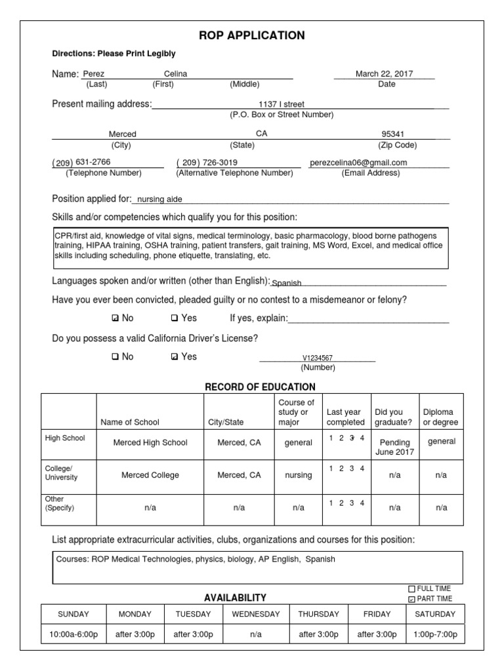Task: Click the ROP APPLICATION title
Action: click(x=252, y=35)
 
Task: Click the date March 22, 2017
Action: click(x=384, y=74)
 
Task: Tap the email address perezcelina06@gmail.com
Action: click(x=359, y=163)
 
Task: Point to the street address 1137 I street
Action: click(x=282, y=104)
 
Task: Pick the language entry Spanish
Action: click(x=287, y=284)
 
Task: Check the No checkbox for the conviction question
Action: click(x=115, y=318)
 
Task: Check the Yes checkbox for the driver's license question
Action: click(x=174, y=357)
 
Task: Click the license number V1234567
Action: click(x=317, y=358)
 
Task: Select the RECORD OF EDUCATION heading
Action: click(x=260, y=387)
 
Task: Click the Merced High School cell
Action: click(x=150, y=443)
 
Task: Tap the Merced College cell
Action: click(x=150, y=475)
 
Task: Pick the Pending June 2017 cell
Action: click(x=394, y=447)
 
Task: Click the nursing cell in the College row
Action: click(x=298, y=475)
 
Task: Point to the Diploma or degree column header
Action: click(x=441, y=417)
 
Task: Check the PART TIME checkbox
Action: click(x=411, y=599)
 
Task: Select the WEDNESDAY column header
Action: click(x=256, y=614)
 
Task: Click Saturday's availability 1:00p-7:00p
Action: click(x=435, y=634)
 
